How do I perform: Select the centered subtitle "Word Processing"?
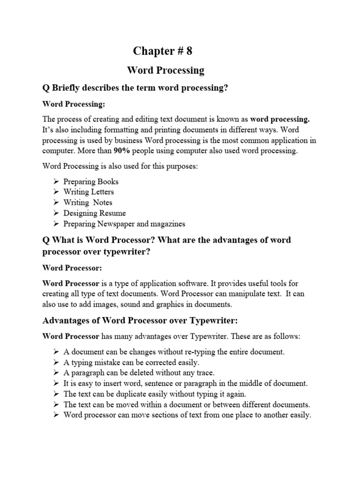[x=166, y=70]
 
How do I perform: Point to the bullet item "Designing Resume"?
[x=95, y=213]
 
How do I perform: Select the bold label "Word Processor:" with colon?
[x=72, y=268]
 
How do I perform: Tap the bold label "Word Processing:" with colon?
[x=74, y=104]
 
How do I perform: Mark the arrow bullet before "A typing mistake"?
[x=56, y=362]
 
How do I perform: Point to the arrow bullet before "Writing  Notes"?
[x=56, y=202]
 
